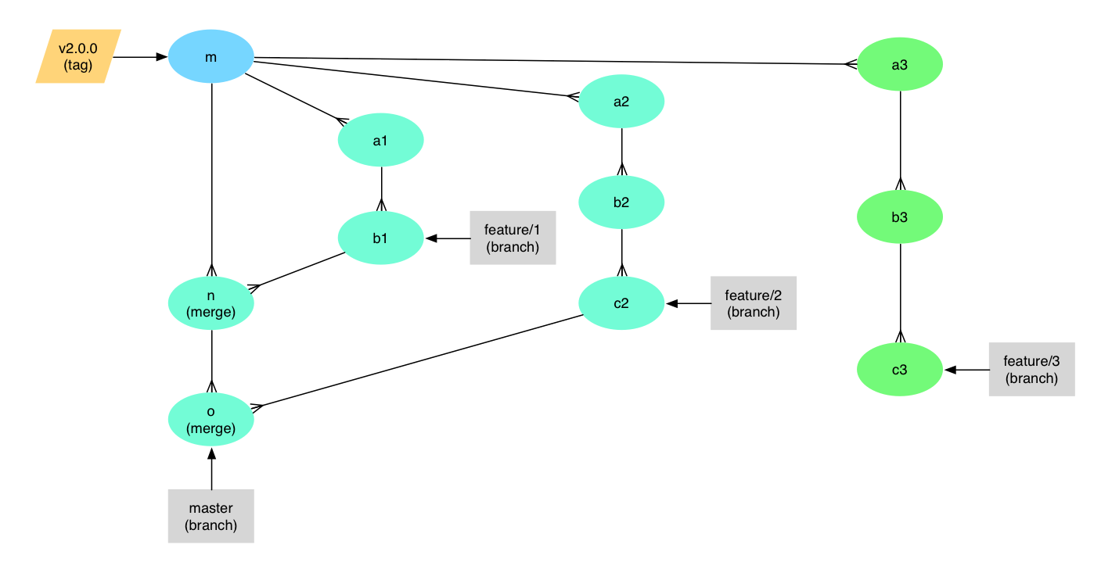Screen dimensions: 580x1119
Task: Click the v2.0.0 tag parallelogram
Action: (x=78, y=56)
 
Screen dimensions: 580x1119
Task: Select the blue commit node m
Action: (x=210, y=56)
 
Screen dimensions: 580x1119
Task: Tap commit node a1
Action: (x=380, y=141)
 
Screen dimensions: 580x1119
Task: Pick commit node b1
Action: (x=380, y=238)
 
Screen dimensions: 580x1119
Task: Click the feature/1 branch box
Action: (x=513, y=238)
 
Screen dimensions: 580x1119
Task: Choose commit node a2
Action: (x=621, y=101)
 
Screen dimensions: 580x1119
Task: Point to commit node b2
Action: (x=621, y=202)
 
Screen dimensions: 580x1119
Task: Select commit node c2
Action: (x=621, y=303)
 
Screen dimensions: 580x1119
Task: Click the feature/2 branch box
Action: (x=754, y=303)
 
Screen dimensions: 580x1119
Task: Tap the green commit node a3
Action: (x=900, y=65)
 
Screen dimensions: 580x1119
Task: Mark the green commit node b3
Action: (x=900, y=217)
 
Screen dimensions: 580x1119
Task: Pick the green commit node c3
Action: (x=900, y=370)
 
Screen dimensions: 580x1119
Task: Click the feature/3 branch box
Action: (x=1031, y=370)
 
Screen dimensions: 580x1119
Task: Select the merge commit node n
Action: (x=210, y=303)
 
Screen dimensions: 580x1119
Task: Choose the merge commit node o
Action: (x=210, y=420)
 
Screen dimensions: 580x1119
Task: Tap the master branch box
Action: (x=210, y=516)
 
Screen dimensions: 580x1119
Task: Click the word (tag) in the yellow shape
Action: (x=78, y=65)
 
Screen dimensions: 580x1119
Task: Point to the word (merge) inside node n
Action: (x=210, y=312)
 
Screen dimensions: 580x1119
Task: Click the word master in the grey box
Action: (x=210, y=508)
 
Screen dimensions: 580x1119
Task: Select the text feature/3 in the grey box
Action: (x=1031, y=361)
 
